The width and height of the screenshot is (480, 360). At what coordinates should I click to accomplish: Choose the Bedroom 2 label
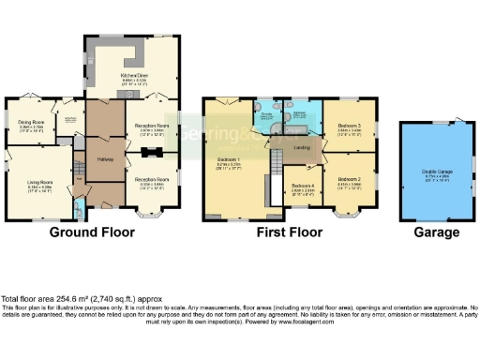coord(349,179)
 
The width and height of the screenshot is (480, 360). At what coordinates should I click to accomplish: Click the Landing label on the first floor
coord(302,147)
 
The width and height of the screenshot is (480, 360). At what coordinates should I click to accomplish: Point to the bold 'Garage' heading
coord(437,232)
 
